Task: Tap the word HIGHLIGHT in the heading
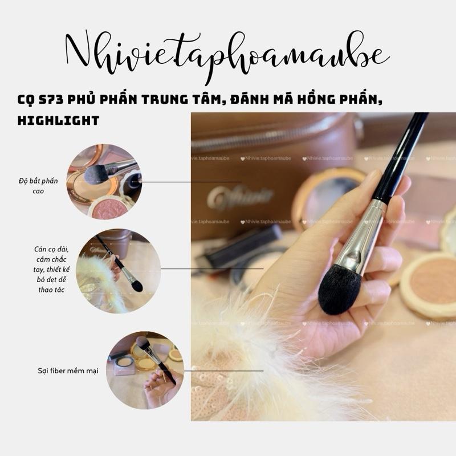(x=58, y=120)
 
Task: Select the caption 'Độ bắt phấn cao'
(x=38, y=186)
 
